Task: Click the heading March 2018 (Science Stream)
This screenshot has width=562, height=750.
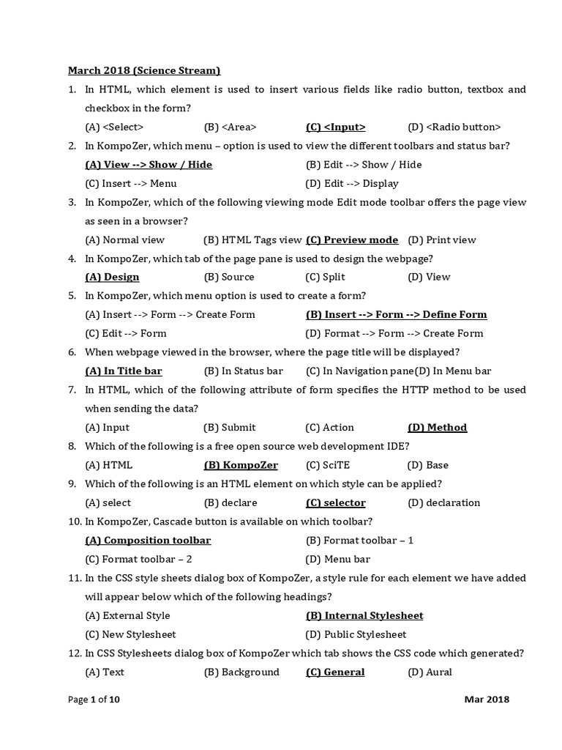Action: pyautogui.click(x=144, y=70)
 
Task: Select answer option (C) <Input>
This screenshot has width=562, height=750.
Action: pyautogui.click(x=335, y=127)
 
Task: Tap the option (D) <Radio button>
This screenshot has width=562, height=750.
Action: pyautogui.click(x=454, y=127)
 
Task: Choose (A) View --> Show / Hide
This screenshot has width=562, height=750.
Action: pyautogui.click(x=149, y=165)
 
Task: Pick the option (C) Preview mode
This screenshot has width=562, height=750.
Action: pyautogui.click(x=352, y=240)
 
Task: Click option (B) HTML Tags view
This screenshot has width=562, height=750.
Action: pyautogui.click(x=252, y=240)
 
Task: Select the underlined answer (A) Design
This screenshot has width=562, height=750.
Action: pyautogui.click(x=112, y=277)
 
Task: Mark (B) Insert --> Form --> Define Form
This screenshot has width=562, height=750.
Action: pyautogui.click(x=396, y=315)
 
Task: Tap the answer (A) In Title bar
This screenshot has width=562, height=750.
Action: pyautogui.click(x=124, y=371)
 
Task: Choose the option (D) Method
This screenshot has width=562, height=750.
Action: pyautogui.click(x=437, y=428)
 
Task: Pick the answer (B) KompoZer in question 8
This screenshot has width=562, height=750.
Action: pyautogui.click(x=241, y=465)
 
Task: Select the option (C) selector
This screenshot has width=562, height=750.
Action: pyautogui.click(x=335, y=503)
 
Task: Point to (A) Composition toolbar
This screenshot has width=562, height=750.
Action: pyautogui.click(x=148, y=541)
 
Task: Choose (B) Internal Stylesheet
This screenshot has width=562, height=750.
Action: pyautogui.click(x=364, y=616)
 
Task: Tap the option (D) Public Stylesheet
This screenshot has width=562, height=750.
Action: pyautogui.click(x=356, y=635)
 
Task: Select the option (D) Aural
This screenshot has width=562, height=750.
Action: pyautogui.click(x=430, y=672)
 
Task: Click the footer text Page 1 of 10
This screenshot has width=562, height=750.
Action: pyautogui.click(x=94, y=699)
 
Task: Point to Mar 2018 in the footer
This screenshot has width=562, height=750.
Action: pyautogui.click(x=487, y=699)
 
